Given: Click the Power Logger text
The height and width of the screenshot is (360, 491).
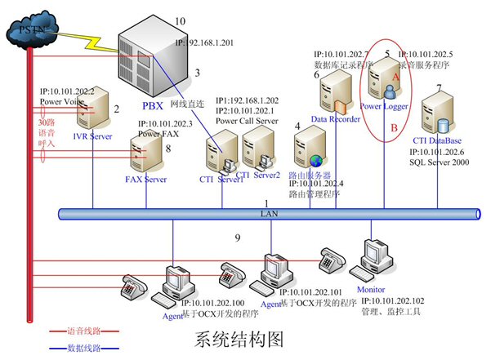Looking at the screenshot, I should pyautogui.click(x=384, y=106).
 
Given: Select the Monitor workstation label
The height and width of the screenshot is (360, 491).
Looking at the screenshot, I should pyautogui.click(x=371, y=289).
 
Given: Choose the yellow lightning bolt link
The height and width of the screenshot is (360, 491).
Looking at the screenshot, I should pyautogui.click(x=82, y=38).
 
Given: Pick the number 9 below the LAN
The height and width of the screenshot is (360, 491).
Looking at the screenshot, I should pyautogui.click(x=237, y=238).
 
